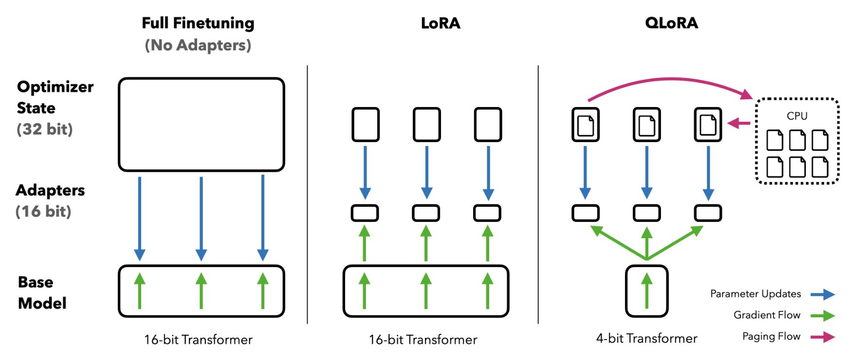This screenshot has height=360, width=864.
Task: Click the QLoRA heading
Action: (671, 23)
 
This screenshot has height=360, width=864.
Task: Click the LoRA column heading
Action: (441, 23)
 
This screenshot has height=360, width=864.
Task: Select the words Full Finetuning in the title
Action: (198, 23)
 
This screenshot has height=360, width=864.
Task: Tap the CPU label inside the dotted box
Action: (797, 116)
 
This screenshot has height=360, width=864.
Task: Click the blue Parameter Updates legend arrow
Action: (823, 294)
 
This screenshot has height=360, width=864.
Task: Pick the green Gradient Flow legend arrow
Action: (823, 316)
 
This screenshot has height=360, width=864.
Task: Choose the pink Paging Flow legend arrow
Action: (823, 337)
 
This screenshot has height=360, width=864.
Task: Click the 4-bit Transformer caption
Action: (646, 339)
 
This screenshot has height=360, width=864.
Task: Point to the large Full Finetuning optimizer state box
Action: (201, 125)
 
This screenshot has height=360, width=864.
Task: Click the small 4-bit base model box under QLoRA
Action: (646, 291)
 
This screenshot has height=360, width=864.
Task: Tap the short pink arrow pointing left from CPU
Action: (739, 124)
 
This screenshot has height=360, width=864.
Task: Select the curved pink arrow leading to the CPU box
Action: (671, 80)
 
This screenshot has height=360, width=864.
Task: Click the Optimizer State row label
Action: (55, 97)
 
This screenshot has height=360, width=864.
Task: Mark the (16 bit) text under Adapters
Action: (43, 211)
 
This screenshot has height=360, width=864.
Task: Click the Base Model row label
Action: (42, 292)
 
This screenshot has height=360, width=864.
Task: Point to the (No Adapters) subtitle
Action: (198, 45)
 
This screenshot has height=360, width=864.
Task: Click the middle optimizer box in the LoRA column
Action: (426, 125)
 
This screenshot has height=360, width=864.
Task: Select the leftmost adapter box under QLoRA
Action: (585, 213)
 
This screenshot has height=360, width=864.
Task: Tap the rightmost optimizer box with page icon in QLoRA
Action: (708, 125)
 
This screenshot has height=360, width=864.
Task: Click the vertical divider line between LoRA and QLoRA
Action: (538, 195)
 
